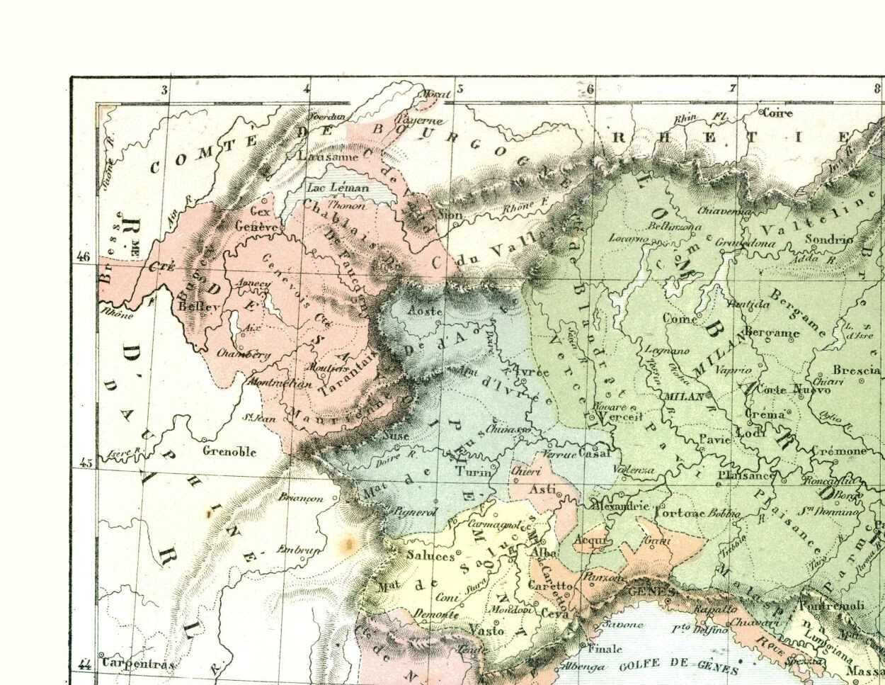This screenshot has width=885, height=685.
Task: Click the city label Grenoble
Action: click(229, 451)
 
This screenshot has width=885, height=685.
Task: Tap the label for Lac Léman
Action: click(337, 188)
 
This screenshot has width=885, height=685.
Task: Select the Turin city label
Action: click(472, 472)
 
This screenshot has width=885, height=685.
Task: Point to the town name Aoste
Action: click(426, 312)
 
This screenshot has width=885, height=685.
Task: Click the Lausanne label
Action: click(329, 157)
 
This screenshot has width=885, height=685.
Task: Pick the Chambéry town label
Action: click(244, 353)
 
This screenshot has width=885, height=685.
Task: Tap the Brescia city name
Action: click(855, 370)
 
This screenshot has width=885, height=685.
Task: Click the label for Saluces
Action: click(430, 556)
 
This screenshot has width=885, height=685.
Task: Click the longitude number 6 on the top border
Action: click(590, 89)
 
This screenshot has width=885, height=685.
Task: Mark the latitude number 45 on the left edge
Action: click(84, 464)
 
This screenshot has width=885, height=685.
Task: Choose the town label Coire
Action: click(777, 113)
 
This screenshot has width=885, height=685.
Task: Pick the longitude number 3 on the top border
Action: click(165, 90)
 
